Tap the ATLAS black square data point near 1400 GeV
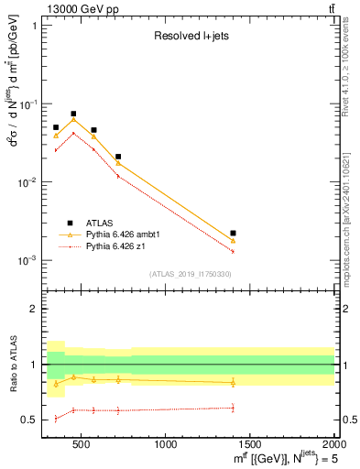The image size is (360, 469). [x=233, y=234]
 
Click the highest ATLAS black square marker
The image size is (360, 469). [x=73, y=114]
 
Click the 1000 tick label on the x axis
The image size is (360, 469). [x=167, y=445]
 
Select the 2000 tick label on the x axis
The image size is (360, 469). [x=333, y=445]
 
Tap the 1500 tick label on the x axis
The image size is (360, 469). [x=250, y=445]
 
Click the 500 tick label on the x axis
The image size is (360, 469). [x=82, y=445]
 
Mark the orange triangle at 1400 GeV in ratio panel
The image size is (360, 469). [x=233, y=383]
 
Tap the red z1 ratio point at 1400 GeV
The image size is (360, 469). [x=233, y=408]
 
